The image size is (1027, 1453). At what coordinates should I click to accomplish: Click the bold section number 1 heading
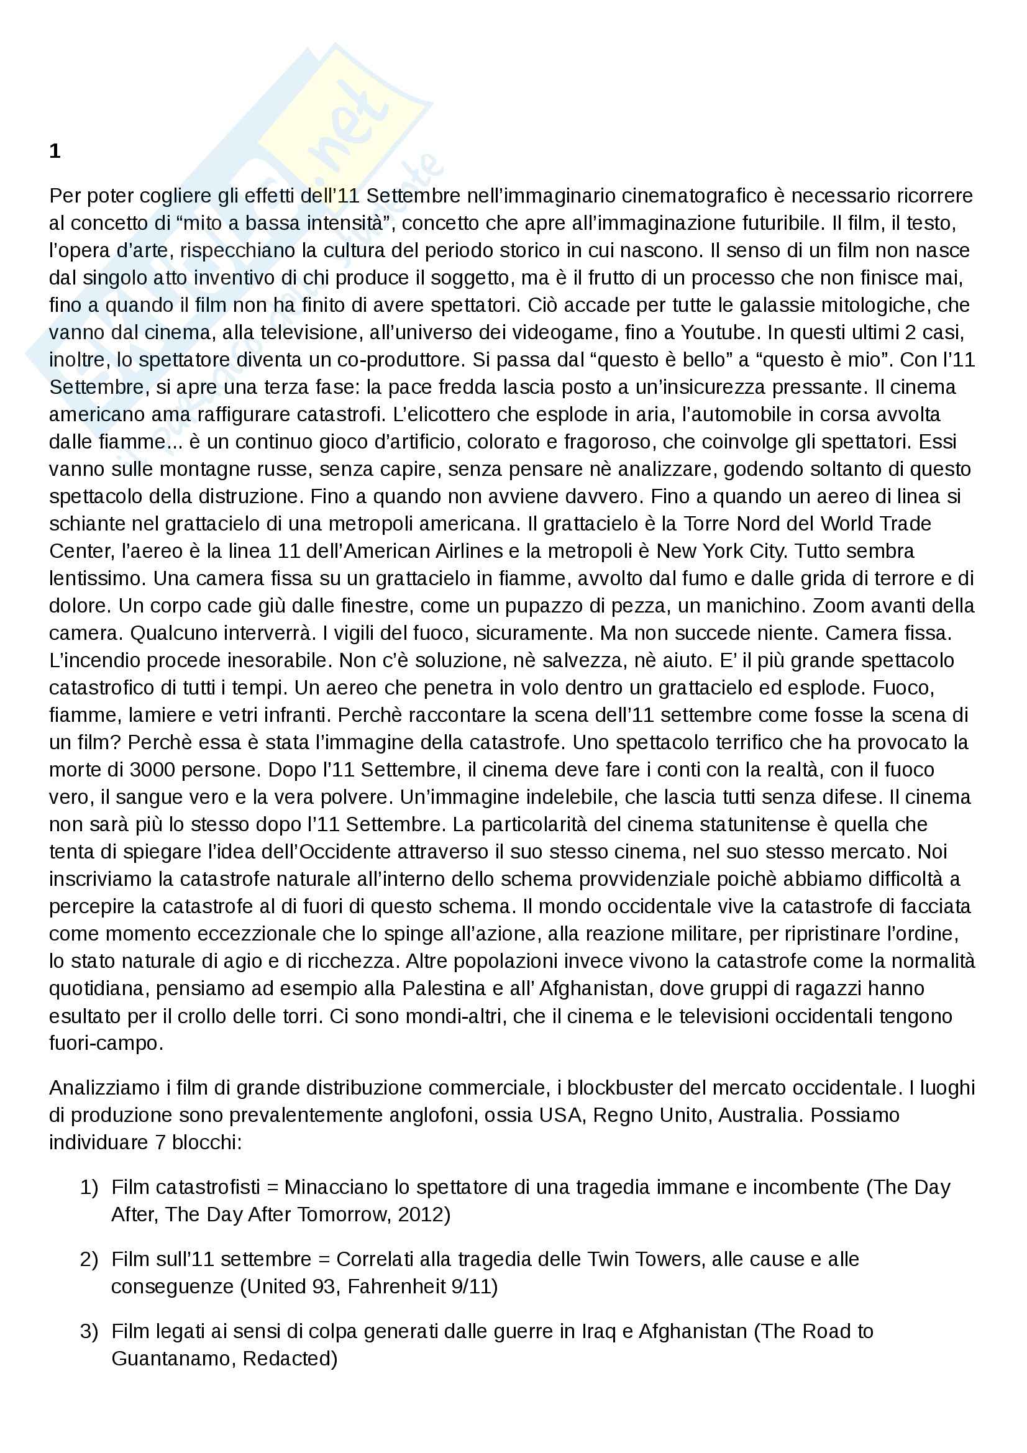click(55, 152)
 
